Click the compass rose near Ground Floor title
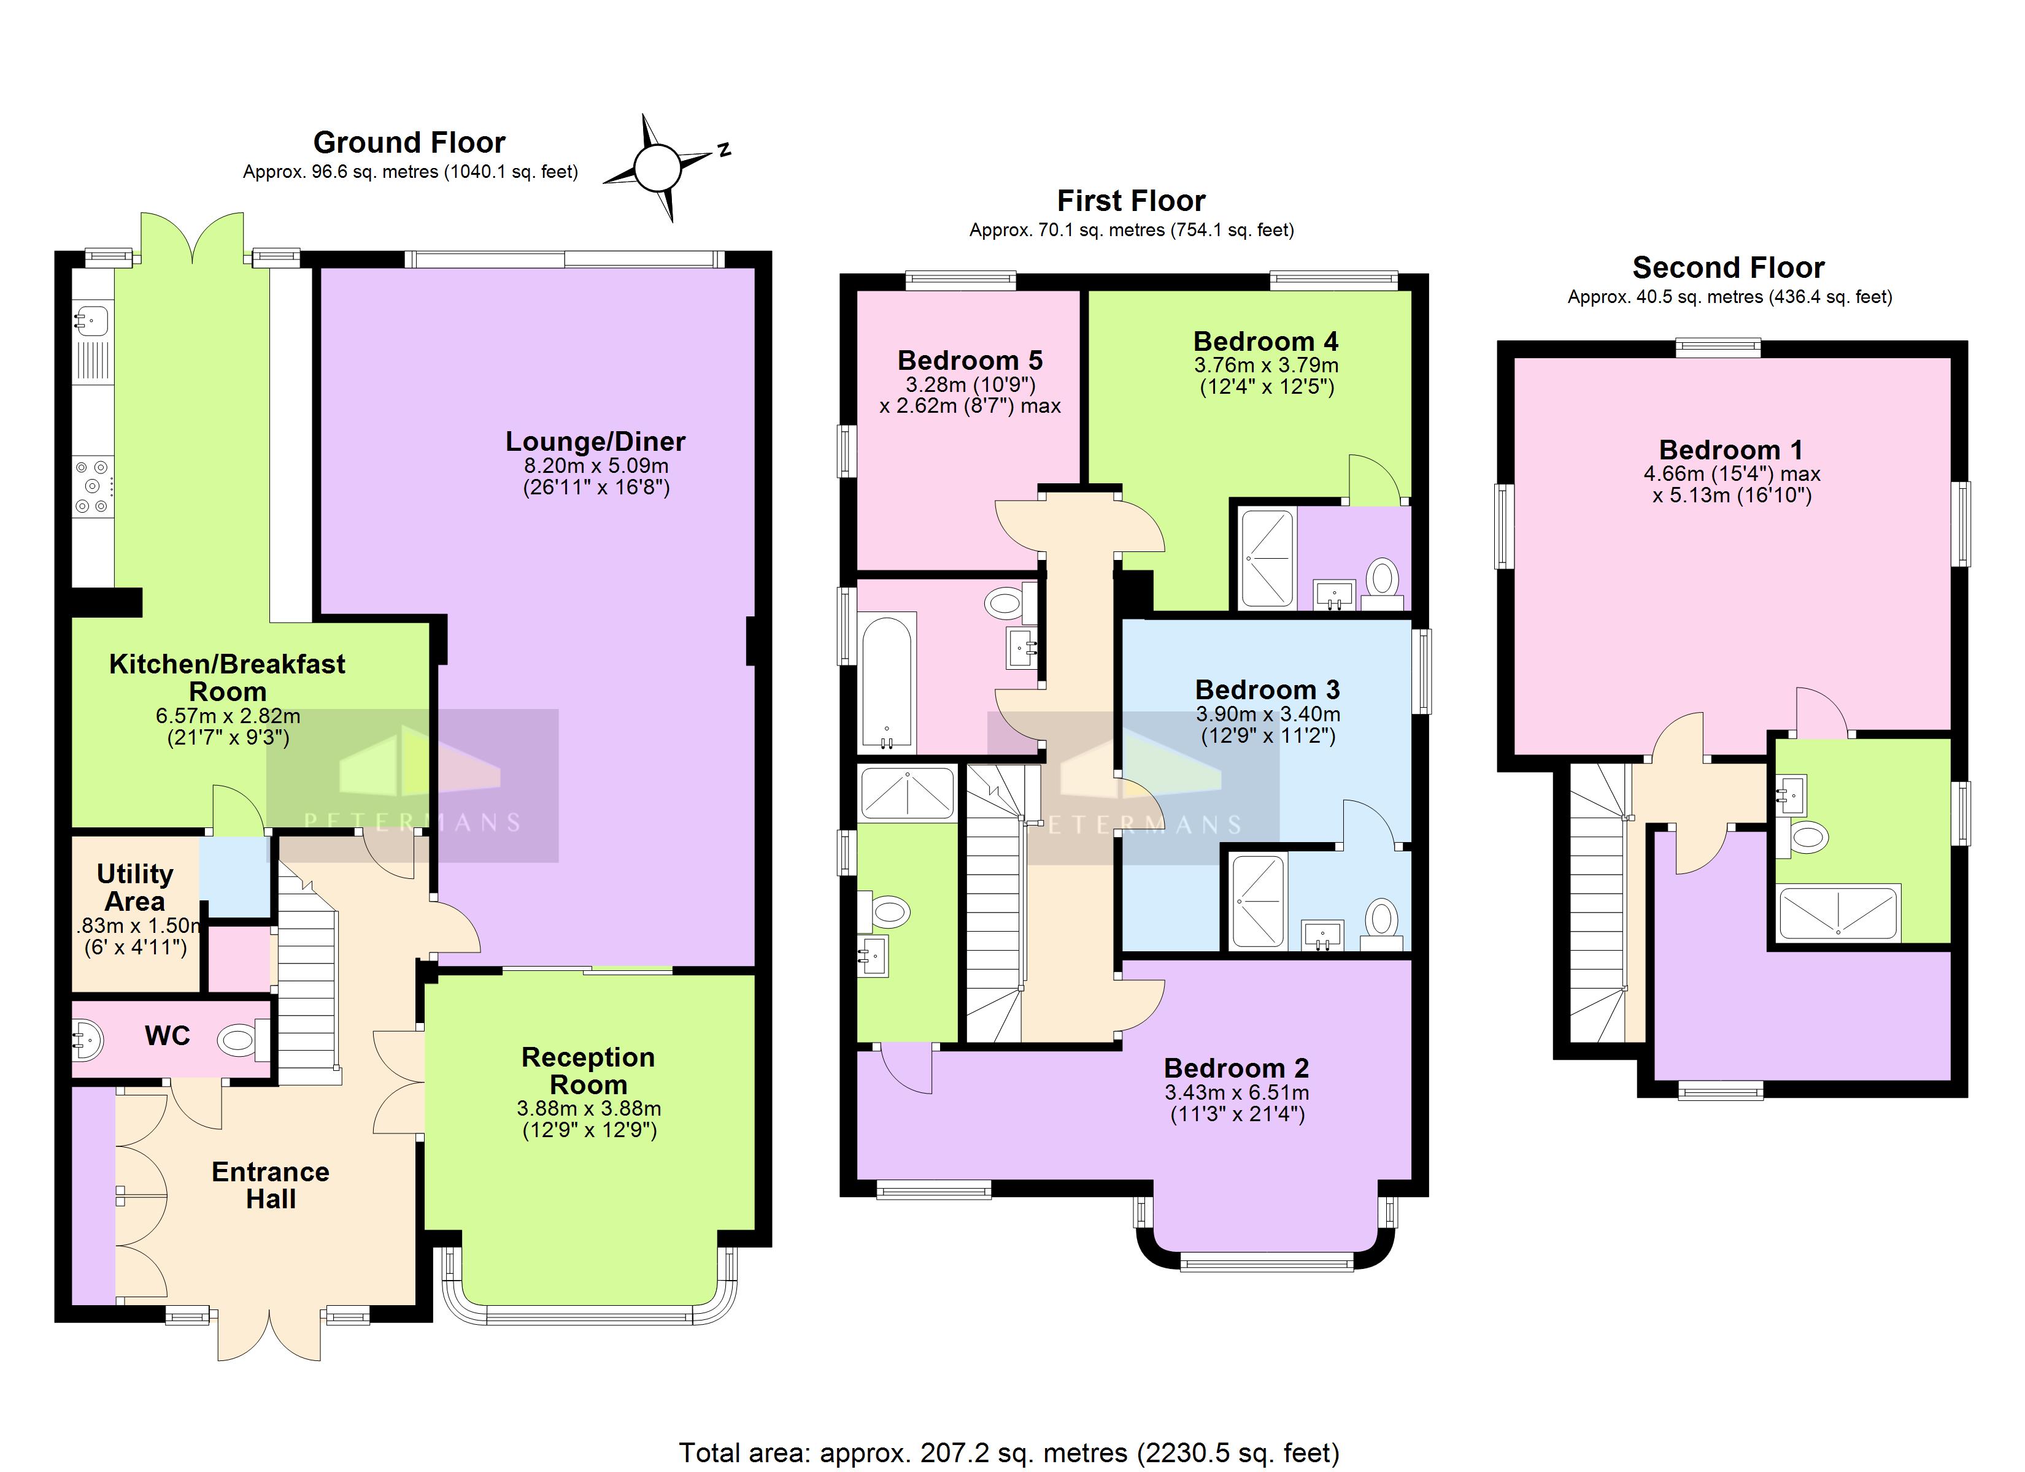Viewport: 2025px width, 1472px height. pyautogui.click(x=657, y=167)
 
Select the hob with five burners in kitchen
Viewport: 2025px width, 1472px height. pyautogui.click(x=92, y=486)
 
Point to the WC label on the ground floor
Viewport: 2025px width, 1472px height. pyautogui.click(x=167, y=1035)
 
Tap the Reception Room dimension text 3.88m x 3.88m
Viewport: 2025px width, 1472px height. pyautogui.click(x=588, y=1109)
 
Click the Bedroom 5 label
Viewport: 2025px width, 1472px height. pyautogui.click(x=970, y=361)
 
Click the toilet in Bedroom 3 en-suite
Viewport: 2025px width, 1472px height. pyautogui.click(x=1381, y=919)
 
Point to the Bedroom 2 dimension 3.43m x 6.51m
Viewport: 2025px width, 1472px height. pyautogui.click(x=1236, y=1092)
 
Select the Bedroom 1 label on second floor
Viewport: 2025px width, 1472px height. pyautogui.click(x=1730, y=450)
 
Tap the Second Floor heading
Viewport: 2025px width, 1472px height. pyautogui.click(x=1729, y=268)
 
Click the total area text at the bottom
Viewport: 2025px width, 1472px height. pyautogui.click(x=1009, y=1452)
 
